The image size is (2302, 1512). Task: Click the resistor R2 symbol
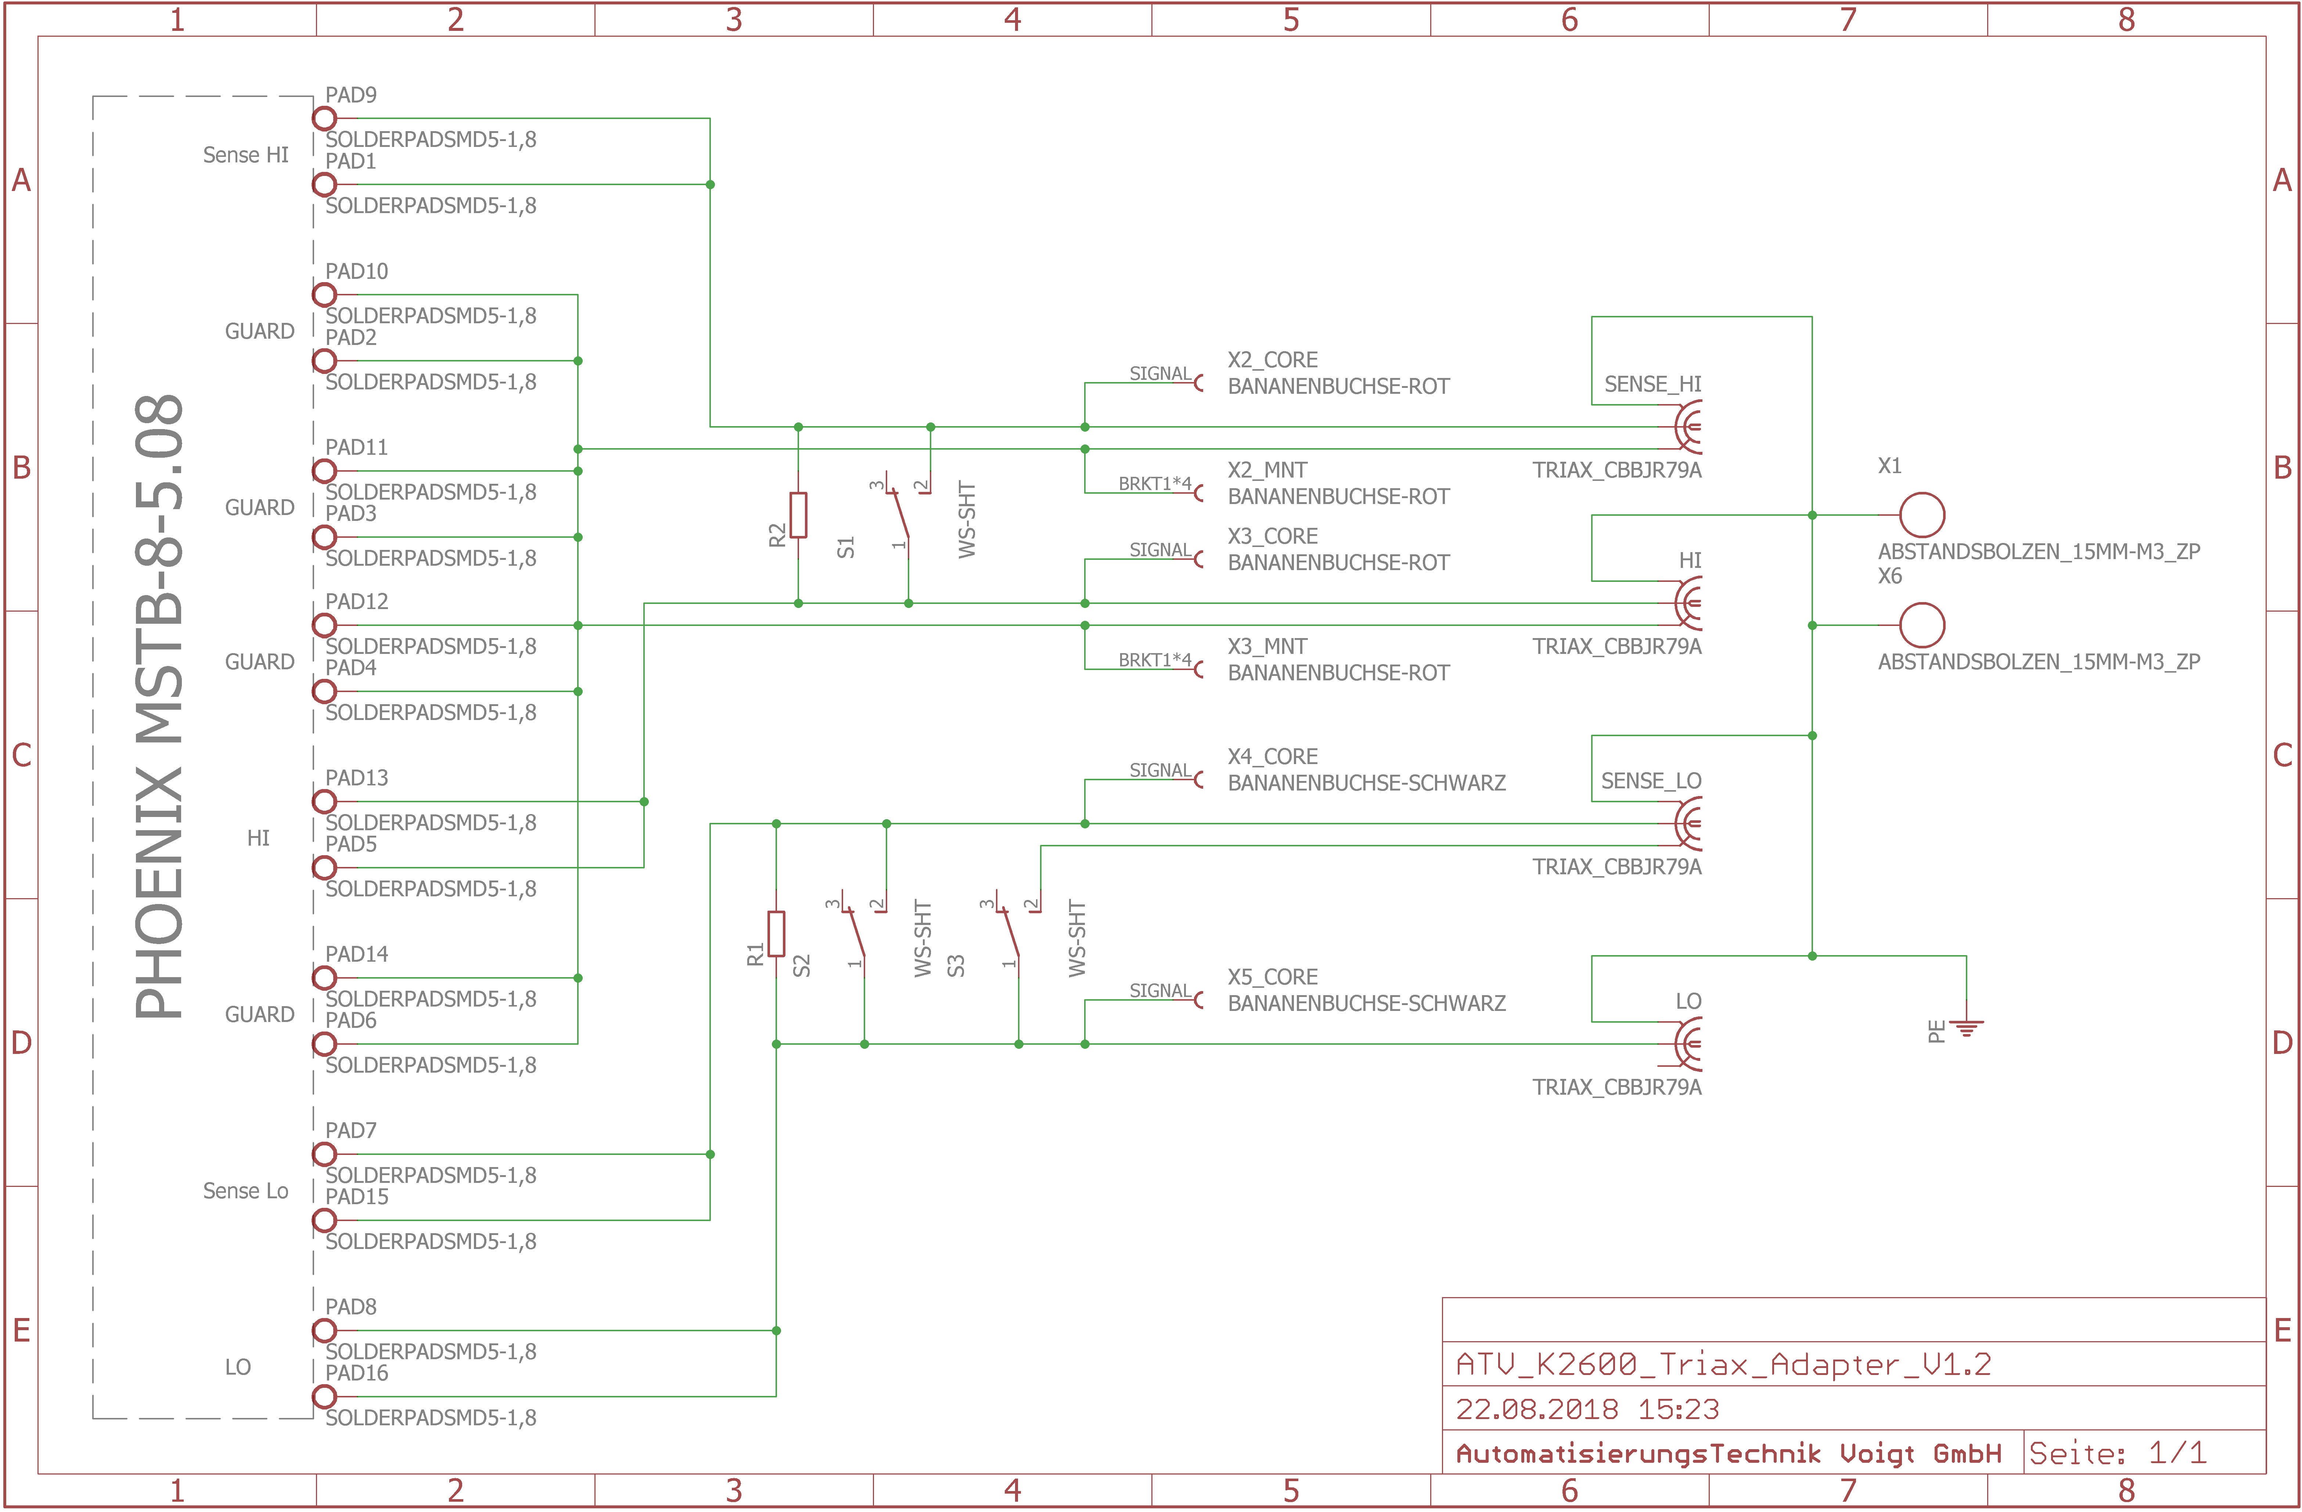[798, 515]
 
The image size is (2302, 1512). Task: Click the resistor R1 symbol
[776, 933]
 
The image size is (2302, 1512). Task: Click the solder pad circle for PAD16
[324, 1396]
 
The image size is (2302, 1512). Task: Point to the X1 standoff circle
[1922, 515]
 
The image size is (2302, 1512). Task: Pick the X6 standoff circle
[1922, 625]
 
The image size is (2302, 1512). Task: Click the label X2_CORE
[1272, 360]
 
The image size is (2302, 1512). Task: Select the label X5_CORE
[1272, 977]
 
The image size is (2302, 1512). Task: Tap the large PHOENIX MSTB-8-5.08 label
[159, 706]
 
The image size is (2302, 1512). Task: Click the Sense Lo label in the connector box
[246, 1191]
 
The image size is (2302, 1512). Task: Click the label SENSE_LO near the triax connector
[1650, 781]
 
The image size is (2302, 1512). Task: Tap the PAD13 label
[356, 778]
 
